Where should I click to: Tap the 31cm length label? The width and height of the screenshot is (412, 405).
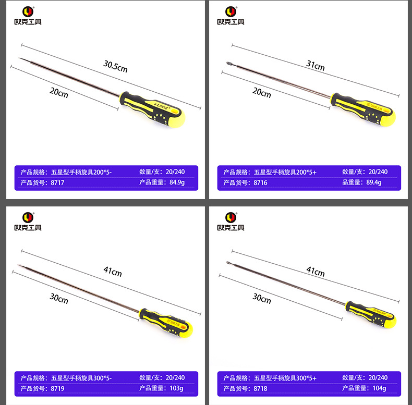coord(315,66)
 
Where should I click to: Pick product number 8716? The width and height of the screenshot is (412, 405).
coord(260,182)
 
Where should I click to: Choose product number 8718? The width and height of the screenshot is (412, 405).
coord(260,388)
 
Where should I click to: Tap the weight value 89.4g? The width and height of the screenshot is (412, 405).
coord(374,182)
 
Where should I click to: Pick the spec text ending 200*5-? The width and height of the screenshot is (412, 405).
coord(81,172)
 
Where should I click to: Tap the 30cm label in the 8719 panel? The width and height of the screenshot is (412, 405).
coord(59,299)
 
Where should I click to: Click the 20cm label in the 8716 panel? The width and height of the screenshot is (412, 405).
coord(262,93)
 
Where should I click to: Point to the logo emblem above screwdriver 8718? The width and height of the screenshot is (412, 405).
coord(231,217)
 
